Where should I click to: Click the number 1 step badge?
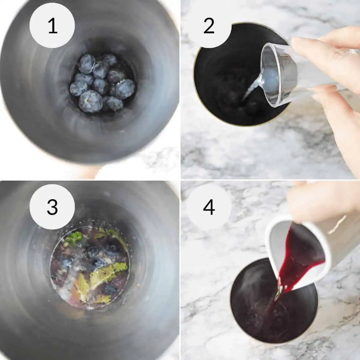52,26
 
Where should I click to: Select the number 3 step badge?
52,207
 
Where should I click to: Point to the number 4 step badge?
209,207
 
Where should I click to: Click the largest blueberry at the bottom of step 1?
90,101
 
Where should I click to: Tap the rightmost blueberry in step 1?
125,89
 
